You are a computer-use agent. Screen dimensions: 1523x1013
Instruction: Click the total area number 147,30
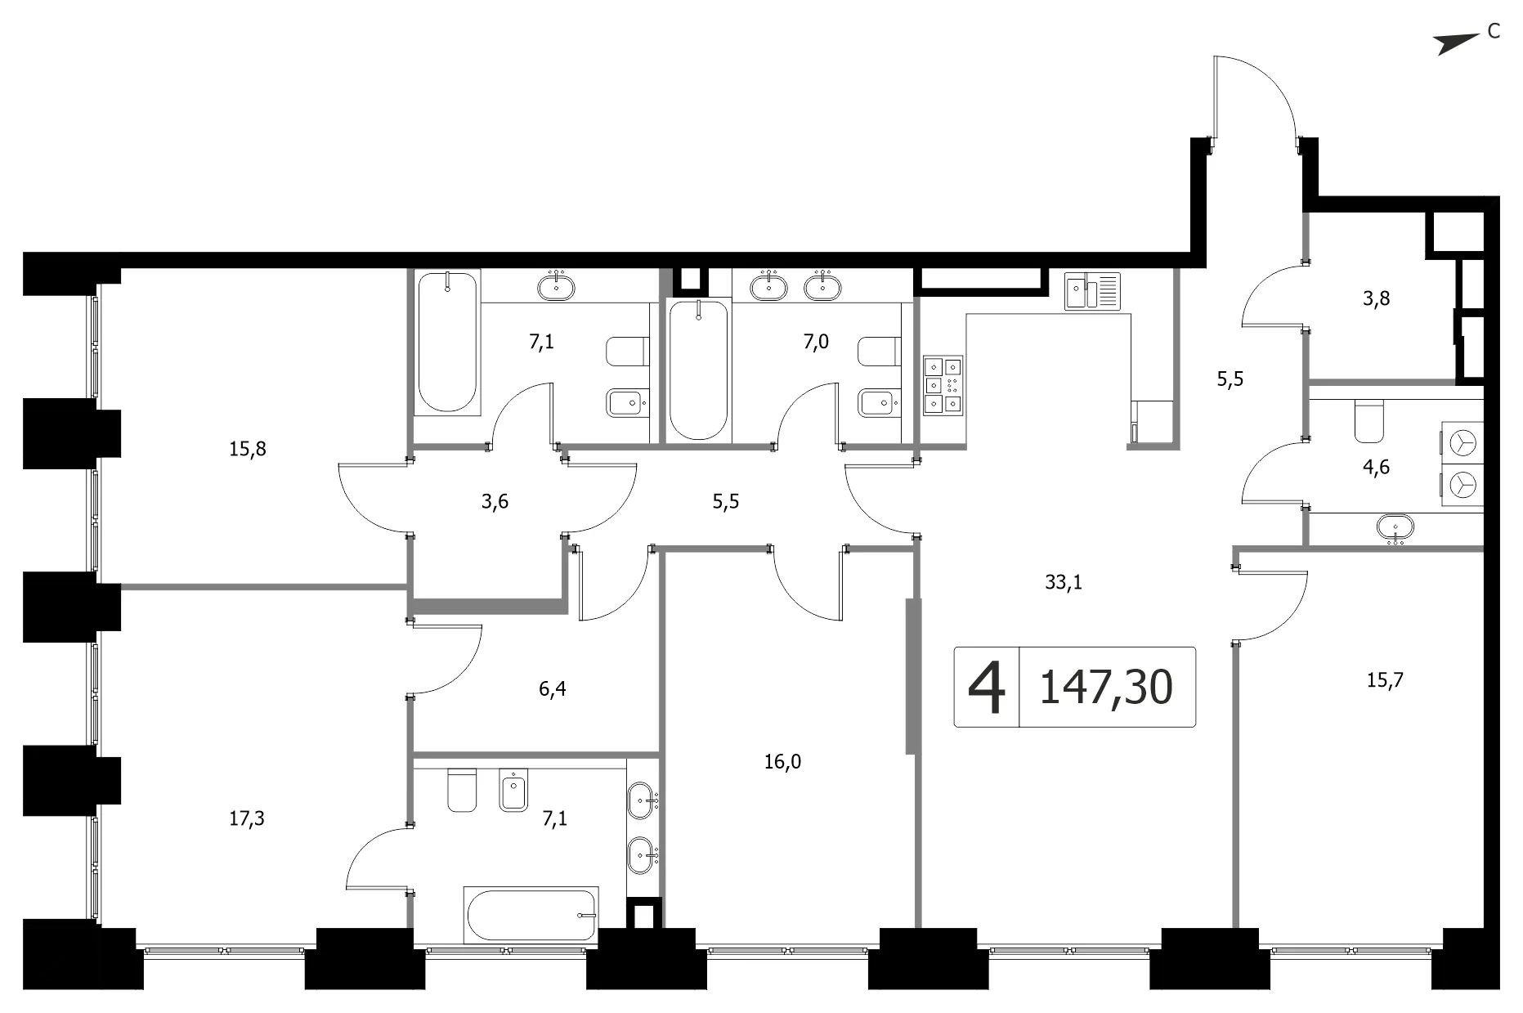[x=1106, y=688]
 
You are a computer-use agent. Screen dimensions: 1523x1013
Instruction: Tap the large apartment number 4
[x=987, y=688]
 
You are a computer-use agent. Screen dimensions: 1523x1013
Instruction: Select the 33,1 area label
[x=1064, y=582]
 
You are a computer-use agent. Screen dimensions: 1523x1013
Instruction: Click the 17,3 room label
[x=246, y=818]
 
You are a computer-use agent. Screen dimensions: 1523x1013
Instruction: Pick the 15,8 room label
[x=248, y=449]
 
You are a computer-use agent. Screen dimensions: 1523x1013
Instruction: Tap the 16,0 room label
[x=782, y=762]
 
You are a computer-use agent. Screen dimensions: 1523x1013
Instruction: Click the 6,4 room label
[x=553, y=689]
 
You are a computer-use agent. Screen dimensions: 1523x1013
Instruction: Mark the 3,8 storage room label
[x=1376, y=299]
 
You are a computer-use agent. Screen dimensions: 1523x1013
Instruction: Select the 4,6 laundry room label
[x=1377, y=468]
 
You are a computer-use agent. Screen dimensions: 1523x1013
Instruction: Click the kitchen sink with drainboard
[x=1093, y=292]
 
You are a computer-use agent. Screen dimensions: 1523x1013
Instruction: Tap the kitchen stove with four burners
[x=943, y=384]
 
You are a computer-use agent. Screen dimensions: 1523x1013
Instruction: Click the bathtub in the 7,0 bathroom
[x=698, y=370]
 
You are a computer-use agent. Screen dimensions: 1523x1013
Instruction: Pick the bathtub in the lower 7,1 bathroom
[x=531, y=914]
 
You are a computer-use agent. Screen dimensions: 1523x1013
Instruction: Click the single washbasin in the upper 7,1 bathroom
[x=556, y=287]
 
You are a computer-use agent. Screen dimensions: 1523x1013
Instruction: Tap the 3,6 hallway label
[x=495, y=502]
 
